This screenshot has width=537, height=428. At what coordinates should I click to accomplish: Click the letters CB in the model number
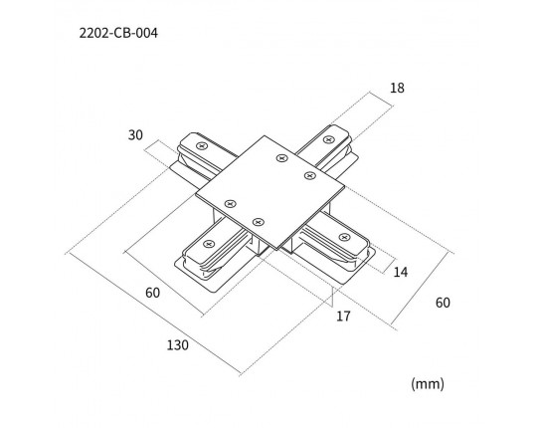[x=123, y=33]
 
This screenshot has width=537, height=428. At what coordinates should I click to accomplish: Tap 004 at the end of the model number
[x=147, y=33]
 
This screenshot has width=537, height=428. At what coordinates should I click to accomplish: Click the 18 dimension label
[x=397, y=88]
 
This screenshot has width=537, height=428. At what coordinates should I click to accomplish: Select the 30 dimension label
[x=135, y=135]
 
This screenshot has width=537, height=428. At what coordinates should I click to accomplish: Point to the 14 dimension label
[x=401, y=272]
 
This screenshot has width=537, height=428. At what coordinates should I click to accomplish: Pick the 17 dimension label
[x=343, y=316]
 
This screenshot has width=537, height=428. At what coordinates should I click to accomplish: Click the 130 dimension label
[x=177, y=345]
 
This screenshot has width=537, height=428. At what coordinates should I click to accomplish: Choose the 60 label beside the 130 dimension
[x=153, y=293]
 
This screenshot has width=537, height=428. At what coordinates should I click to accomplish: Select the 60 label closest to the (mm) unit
[x=443, y=303]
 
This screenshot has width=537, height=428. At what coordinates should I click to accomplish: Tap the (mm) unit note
[x=428, y=384]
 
